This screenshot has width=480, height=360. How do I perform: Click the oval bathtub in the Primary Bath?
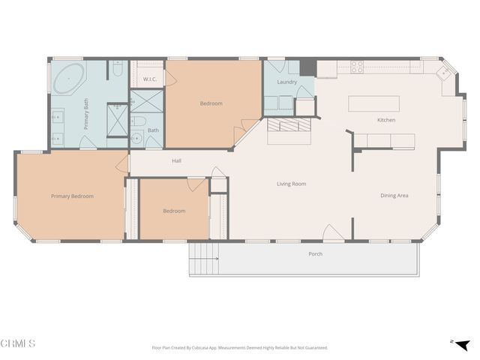point(67,77)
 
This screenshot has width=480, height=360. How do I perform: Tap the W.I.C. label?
point(148,79)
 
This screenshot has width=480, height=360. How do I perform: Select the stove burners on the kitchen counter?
point(357,67)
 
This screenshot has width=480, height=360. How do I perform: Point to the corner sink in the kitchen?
point(445,73)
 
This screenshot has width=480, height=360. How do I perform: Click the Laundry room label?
point(287,82)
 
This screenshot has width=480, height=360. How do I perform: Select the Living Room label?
point(291,184)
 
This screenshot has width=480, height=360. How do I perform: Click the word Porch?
point(316,253)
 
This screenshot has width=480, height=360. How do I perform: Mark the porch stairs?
point(203,260)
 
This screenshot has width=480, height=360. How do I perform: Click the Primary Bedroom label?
point(72,196)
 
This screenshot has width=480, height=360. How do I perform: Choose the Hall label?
point(176,160)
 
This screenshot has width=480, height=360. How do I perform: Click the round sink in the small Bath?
point(136,138)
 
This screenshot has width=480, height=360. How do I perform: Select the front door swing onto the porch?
point(333,233)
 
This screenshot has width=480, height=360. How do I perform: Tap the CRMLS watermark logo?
point(18,343)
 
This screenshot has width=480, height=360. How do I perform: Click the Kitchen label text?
point(385,120)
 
